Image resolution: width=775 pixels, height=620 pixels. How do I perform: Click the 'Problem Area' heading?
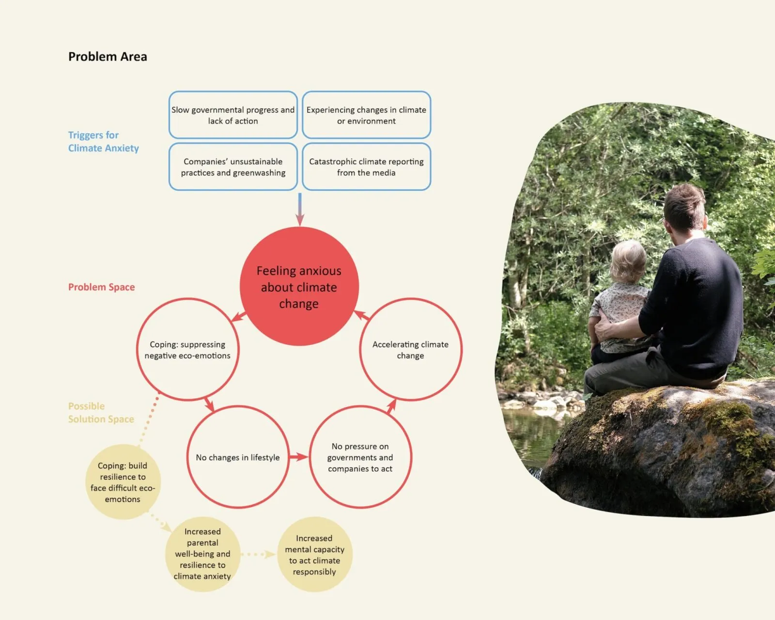coord(108,57)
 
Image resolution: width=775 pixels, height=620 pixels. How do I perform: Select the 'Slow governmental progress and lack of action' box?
coord(233,115)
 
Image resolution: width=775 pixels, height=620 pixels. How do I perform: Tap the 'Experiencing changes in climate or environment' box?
coord(366,115)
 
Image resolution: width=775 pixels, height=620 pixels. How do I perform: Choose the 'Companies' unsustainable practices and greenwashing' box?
coord(233,167)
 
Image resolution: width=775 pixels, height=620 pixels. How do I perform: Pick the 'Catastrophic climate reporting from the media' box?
coord(366,167)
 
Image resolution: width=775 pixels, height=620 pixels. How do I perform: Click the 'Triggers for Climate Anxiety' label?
coord(103,141)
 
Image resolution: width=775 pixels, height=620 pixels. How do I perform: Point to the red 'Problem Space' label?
coord(101,287)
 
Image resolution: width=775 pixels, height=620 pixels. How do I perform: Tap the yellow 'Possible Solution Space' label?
coord(101,413)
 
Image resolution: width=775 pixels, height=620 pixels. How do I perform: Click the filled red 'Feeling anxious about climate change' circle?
coord(299,287)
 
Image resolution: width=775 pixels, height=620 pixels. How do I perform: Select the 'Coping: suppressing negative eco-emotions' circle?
coord(187,350)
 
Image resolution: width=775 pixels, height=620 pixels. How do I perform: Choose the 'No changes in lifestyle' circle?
coord(237,457)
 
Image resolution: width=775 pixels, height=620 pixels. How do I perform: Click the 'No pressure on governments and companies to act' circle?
coord(360,457)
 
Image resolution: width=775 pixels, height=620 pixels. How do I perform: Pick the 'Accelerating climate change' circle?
coord(410,350)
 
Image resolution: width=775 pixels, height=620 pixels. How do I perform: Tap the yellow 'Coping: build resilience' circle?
coord(123,482)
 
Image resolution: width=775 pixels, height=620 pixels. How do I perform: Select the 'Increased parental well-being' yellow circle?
coord(202,554)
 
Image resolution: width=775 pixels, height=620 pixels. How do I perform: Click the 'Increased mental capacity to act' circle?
coord(314,555)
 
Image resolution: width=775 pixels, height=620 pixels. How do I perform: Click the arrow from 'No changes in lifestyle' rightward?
coord(298,457)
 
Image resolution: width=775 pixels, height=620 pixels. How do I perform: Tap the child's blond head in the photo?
coord(628,262)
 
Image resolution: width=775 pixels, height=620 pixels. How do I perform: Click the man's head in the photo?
coord(684,208)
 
